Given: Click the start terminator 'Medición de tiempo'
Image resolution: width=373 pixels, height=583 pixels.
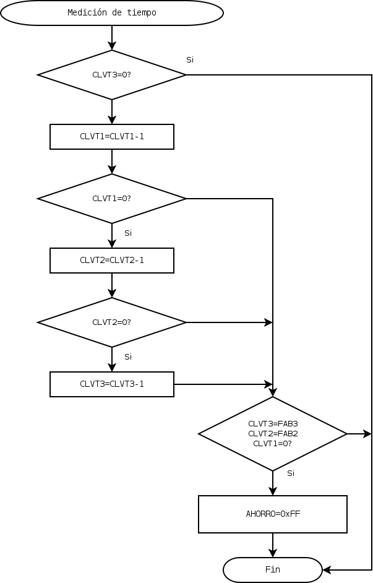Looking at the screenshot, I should tap(111, 13).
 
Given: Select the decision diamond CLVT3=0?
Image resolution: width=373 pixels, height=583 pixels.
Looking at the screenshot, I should tap(111, 75).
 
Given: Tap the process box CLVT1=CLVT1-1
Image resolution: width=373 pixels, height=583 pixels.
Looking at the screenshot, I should tap(111, 137).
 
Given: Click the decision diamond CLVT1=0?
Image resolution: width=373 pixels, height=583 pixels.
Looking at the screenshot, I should tap(111, 199).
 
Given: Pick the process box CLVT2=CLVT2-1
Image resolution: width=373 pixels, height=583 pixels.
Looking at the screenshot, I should tap(111, 261).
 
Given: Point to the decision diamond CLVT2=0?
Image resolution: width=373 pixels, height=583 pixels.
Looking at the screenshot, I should tap(111, 322).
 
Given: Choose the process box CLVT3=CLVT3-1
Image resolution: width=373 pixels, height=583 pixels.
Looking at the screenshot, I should tap(111, 384).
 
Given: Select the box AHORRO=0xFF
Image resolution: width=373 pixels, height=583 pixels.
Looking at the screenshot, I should tap(272, 514).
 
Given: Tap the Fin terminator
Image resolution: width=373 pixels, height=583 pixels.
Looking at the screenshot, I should tap(272, 570).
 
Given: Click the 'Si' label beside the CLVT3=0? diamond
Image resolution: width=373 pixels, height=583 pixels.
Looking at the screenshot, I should tap(190, 60).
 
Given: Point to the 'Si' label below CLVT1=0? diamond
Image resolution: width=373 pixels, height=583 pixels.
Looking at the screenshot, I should tap(128, 233).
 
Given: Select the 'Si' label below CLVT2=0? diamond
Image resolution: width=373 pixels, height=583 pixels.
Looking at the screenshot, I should tap(128, 357).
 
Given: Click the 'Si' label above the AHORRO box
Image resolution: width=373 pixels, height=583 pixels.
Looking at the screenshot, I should tap(291, 473).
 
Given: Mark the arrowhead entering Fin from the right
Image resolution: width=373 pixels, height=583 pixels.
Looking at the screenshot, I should tap(327, 570).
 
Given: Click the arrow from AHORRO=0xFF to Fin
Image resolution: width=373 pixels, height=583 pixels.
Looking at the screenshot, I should tap(272, 545).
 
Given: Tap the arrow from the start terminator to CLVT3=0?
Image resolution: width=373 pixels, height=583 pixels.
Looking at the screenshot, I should tap(112, 38).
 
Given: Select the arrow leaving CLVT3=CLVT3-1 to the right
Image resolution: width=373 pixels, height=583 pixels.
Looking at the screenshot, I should tap(223, 384).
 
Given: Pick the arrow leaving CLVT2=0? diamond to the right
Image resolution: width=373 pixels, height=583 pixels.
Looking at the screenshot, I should tap(229, 322).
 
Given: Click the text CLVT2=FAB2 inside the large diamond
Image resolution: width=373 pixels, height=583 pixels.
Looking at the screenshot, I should tap(272, 434).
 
